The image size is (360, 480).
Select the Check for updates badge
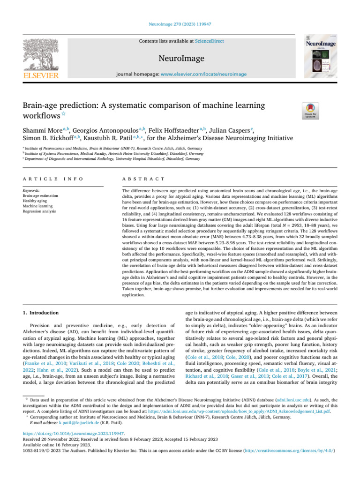(311, 111)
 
